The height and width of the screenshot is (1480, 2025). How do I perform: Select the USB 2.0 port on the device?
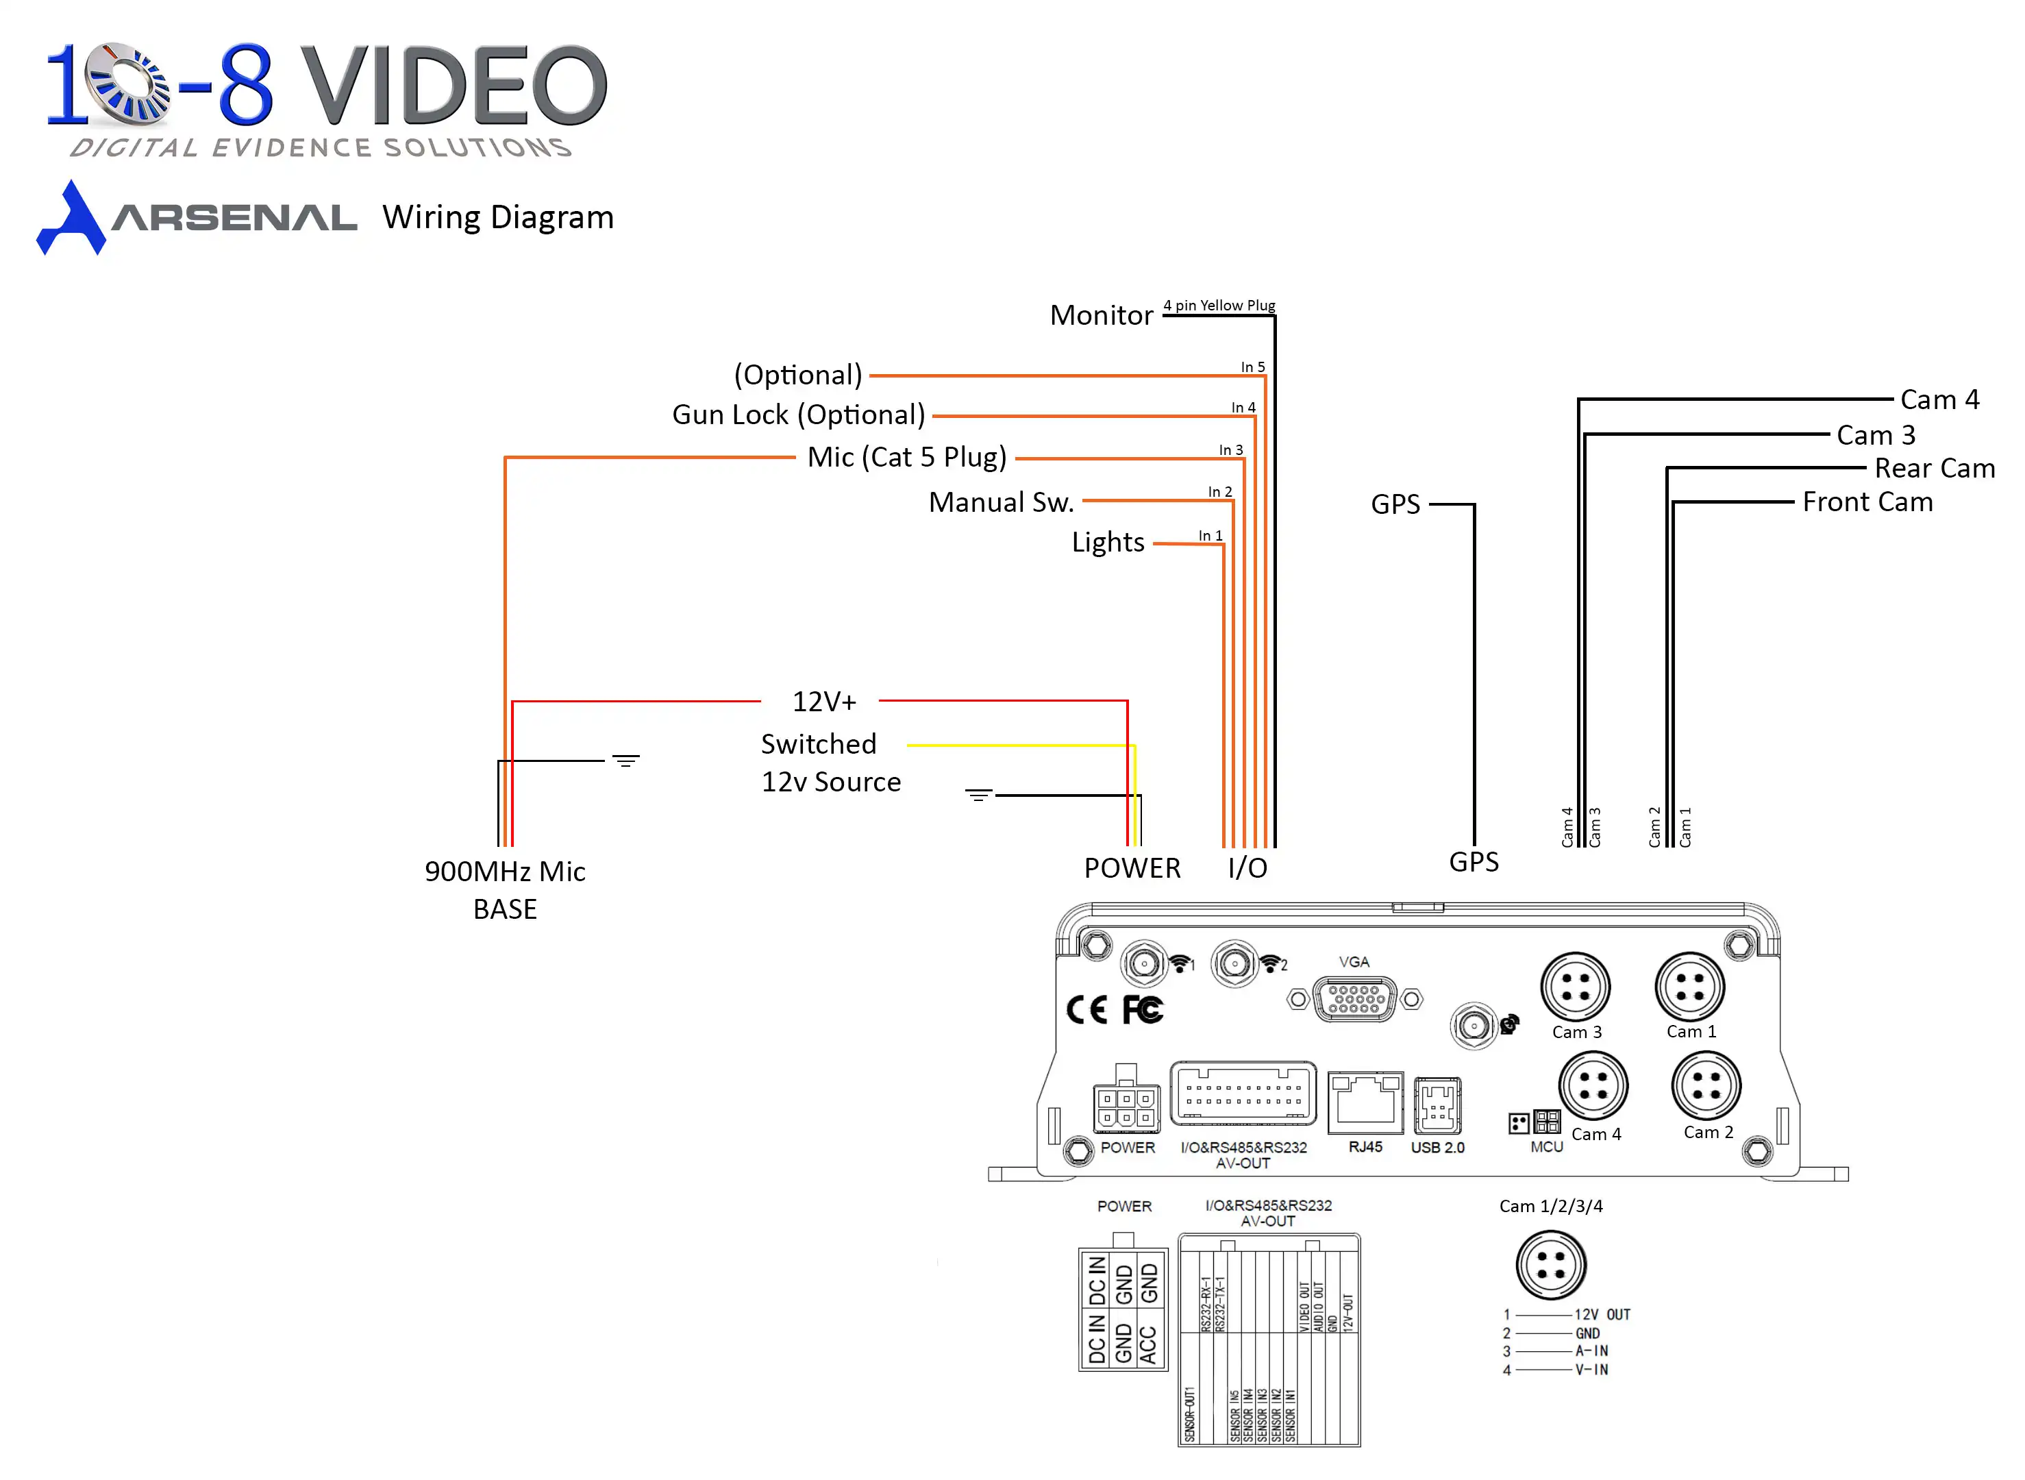pos(1437,1105)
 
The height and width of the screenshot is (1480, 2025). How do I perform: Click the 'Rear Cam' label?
pos(1934,468)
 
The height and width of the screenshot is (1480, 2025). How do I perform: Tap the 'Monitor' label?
pos(1101,315)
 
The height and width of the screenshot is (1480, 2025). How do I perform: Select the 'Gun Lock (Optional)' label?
pos(798,415)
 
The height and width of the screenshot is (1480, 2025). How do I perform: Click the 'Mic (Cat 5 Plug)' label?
pos(906,457)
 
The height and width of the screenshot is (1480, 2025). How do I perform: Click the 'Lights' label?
pos(1108,542)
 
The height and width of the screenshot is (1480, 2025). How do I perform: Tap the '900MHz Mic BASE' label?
pos(505,889)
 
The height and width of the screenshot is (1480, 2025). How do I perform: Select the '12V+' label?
pos(824,702)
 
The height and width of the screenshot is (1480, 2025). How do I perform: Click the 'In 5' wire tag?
pos(1252,367)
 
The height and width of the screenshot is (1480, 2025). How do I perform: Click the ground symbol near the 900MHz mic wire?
pos(626,761)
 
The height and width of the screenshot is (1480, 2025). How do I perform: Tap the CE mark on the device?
pos(1086,1011)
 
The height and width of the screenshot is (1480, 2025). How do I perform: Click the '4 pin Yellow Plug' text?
pos(1218,306)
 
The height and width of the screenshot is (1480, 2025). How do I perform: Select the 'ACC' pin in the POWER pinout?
pos(1148,1344)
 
